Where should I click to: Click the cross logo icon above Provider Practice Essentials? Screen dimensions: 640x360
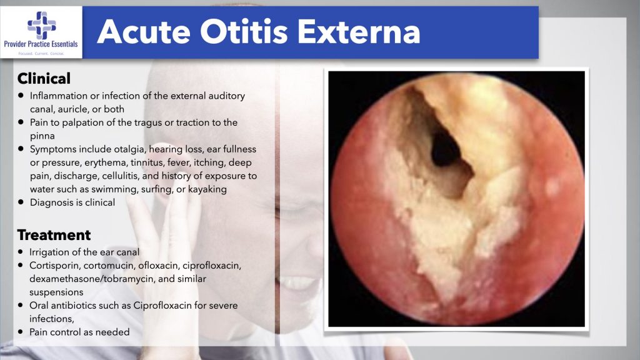[x=41, y=25]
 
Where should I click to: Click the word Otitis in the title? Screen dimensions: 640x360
[x=244, y=32]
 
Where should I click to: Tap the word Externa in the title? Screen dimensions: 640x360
[x=359, y=32]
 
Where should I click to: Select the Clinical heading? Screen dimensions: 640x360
[x=44, y=78]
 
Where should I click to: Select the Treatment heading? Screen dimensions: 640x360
[x=54, y=235]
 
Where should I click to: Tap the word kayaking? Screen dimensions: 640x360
[x=207, y=189]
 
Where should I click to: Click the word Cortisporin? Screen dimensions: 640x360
[x=55, y=266]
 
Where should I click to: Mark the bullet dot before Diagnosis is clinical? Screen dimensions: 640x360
[x=21, y=202]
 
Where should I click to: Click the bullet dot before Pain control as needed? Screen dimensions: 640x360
[x=21, y=332]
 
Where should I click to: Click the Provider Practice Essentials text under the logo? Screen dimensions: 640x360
[x=41, y=44]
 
